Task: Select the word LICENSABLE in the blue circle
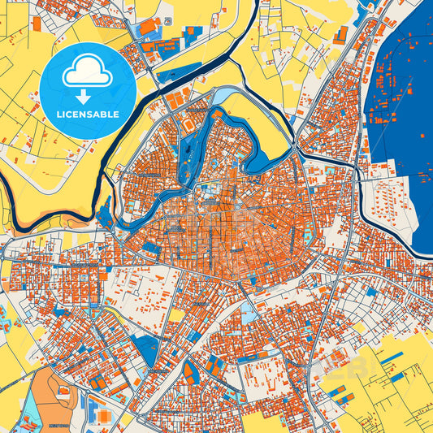point(88,114)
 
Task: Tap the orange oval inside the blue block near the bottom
point(189,374)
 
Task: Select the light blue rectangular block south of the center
point(249,314)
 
